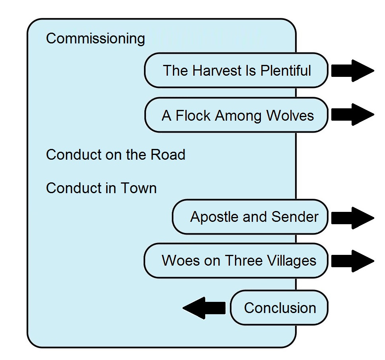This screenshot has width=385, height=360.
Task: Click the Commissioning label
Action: (x=95, y=39)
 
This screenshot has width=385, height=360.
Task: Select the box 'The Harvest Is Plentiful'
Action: (x=236, y=70)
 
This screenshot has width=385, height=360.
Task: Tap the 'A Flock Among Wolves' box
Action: (x=236, y=115)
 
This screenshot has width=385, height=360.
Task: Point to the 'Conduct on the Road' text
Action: (x=115, y=155)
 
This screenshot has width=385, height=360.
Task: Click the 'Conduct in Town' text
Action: (x=101, y=188)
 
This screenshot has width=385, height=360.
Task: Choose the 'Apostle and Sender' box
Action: (x=250, y=217)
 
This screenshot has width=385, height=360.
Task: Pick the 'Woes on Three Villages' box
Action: (x=236, y=261)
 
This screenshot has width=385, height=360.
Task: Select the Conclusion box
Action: (x=279, y=307)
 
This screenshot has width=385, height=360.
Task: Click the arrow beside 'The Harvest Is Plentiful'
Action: (x=353, y=70)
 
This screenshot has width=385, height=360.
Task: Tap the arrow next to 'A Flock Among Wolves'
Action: (x=353, y=115)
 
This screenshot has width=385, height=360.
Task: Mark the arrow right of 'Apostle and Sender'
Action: (x=353, y=218)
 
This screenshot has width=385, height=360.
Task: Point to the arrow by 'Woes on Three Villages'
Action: (x=353, y=261)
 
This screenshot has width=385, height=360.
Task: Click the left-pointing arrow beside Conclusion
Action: (x=204, y=308)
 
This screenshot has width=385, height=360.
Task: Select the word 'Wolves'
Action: (x=290, y=115)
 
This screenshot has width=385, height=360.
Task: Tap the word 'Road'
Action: (x=168, y=155)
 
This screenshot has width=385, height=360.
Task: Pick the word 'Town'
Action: (x=138, y=188)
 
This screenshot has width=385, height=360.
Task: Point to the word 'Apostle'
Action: (x=214, y=217)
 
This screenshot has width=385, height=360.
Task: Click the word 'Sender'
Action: (x=295, y=217)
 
